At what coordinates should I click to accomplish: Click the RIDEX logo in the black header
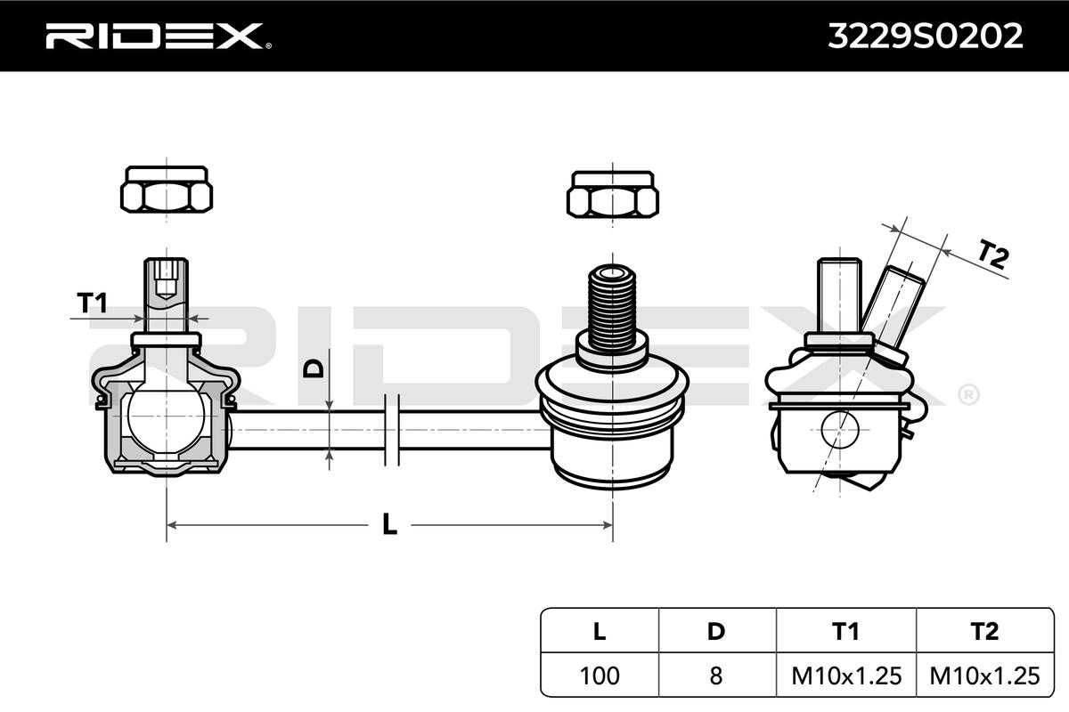coord(159,36)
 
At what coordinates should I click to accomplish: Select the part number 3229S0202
coord(926,36)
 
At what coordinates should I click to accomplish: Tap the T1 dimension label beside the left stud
coord(92,303)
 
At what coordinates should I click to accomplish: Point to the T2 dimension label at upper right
coord(993,255)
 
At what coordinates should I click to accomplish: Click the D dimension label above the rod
coord(314,368)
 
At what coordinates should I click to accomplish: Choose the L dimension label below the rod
coord(390,524)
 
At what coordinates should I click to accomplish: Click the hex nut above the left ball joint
coord(167,190)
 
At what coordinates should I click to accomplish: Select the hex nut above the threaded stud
coord(613,195)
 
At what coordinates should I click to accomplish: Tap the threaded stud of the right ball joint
coord(612,307)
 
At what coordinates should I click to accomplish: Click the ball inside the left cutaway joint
coord(166,416)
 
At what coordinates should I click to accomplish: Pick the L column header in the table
coord(600,631)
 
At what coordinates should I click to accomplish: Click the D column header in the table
coord(716,631)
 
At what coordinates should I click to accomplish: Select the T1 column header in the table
coord(845,631)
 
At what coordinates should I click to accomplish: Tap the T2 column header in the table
coord(984,631)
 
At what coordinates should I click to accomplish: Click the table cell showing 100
coord(600,676)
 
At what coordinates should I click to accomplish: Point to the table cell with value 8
coord(716,676)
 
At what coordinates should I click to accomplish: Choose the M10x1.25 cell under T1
coord(846,676)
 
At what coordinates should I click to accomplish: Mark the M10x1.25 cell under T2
coord(984,676)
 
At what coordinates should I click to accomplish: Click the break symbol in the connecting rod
coord(392,430)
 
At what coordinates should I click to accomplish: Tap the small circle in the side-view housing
coord(839,430)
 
